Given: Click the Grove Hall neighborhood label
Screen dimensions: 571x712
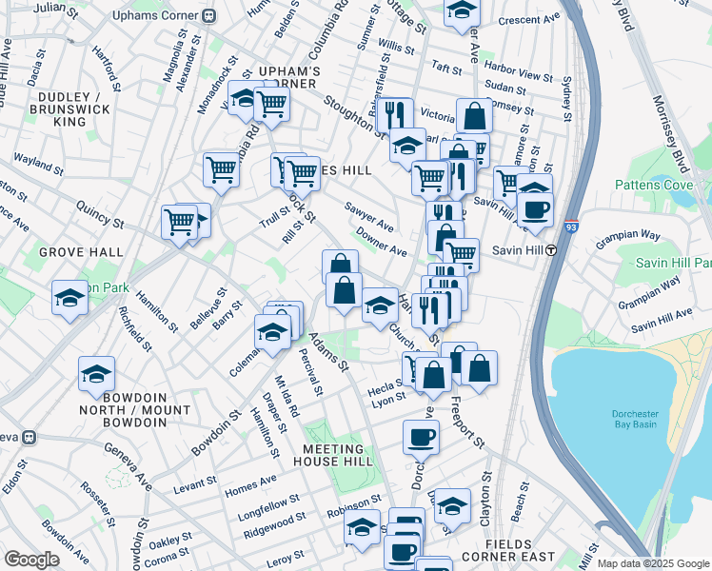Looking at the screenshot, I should click(x=81, y=252).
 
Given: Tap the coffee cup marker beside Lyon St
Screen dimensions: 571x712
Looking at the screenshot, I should click(x=420, y=437).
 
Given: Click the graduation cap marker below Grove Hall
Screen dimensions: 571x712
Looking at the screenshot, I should click(x=70, y=297).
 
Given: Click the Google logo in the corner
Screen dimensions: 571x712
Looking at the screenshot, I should click(x=31, y=560).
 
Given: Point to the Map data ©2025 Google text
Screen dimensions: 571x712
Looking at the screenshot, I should click(x=652, y=563).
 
